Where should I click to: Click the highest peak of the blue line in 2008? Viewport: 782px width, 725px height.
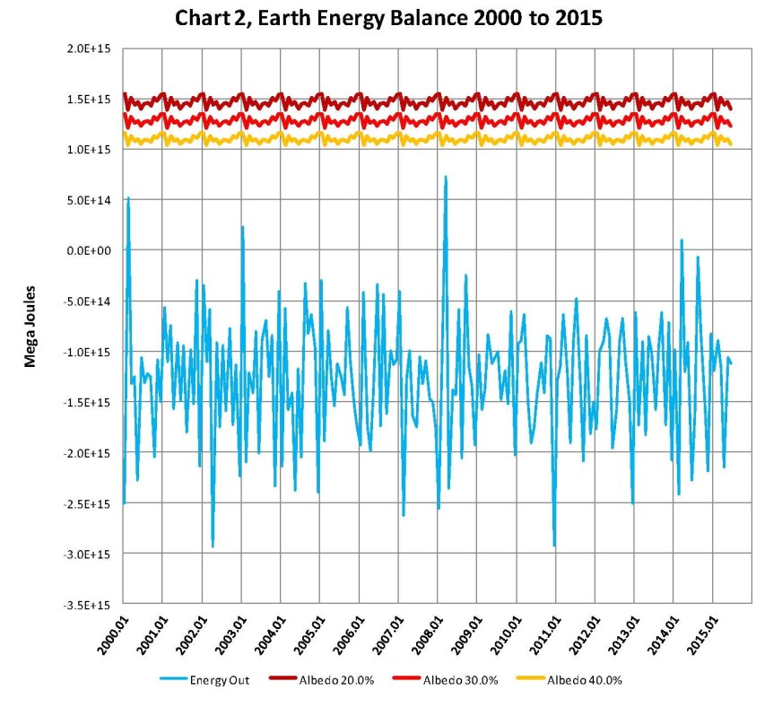pos(446,177)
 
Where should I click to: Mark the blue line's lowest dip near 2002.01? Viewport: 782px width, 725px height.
pos(213,546)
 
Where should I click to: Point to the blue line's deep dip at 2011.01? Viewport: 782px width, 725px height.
pos(554,545)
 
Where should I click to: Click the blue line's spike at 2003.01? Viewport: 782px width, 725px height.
pos(242,227)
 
